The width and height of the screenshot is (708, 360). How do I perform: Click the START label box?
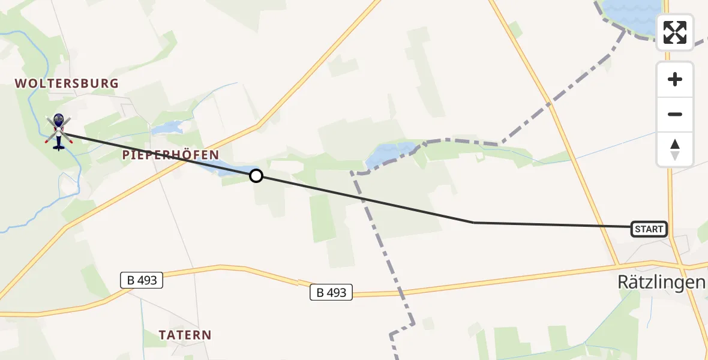click(x=649, y=229)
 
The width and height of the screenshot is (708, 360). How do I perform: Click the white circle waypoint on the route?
click(x=256, y=176)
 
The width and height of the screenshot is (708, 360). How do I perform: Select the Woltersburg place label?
click(x=67, y=83)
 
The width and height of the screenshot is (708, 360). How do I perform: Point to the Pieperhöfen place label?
click(x=170, y=155)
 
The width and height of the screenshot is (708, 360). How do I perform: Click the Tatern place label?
click(x=185, y=335)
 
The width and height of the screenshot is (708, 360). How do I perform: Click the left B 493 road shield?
click(x=141, y=280)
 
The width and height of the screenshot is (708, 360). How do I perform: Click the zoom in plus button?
click(x=675, y=79)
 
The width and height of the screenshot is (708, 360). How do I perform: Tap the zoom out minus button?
click(x=675, y=114)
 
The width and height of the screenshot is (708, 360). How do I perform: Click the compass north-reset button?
click(x=675, y=149)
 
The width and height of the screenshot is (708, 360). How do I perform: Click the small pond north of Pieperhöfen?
click(x=167, y=128)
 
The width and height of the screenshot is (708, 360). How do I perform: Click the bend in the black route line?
click(x=474, y=223)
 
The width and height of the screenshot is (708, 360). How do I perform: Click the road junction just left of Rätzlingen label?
click(x=618, y=265)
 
